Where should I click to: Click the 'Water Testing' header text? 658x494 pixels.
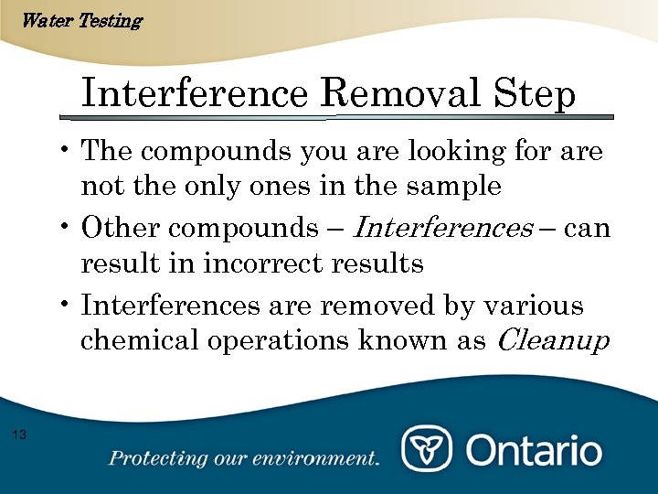pos(80,20)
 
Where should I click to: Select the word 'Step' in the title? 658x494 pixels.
pos(535,95)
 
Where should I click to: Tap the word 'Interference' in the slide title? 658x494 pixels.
pos(196,95)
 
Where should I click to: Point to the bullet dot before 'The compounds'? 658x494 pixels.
pos(69,148)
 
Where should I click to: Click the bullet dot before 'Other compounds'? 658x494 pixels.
pos(69,225)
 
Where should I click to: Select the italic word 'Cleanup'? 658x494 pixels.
pos(552,341)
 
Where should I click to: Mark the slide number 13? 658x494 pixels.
pos(20,434)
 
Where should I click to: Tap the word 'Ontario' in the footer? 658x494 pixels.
pos(534,450)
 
